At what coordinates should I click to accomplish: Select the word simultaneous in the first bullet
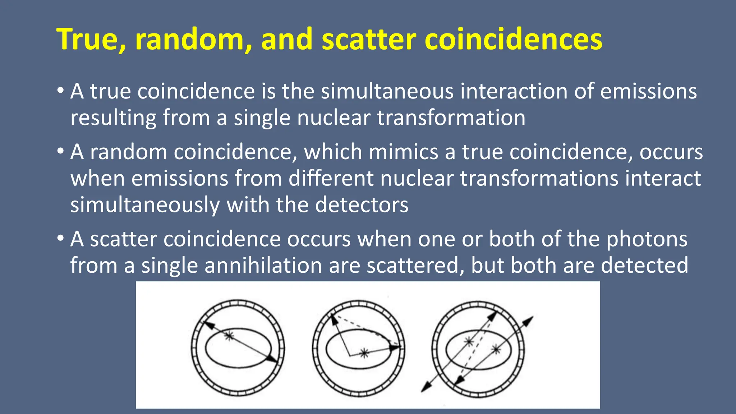tap(387, 91)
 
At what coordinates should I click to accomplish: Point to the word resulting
tap(113, 118)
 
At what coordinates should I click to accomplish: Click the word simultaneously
tap(145, 205)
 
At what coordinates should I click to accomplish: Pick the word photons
tap(647, 239)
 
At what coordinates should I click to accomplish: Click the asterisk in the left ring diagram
tap(229, 336)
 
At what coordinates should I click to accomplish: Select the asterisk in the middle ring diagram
tap(364, 353)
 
